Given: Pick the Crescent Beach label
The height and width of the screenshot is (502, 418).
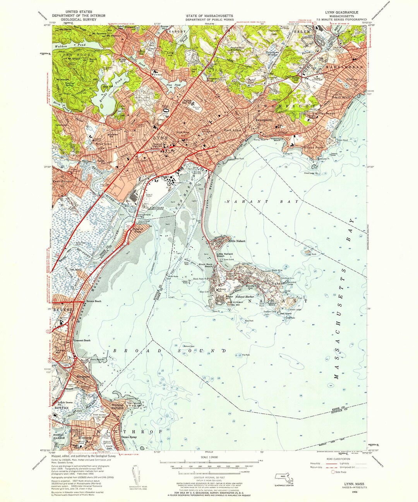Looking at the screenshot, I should [82, 340].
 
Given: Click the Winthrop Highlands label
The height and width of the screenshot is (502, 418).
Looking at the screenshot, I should [118, 406].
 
